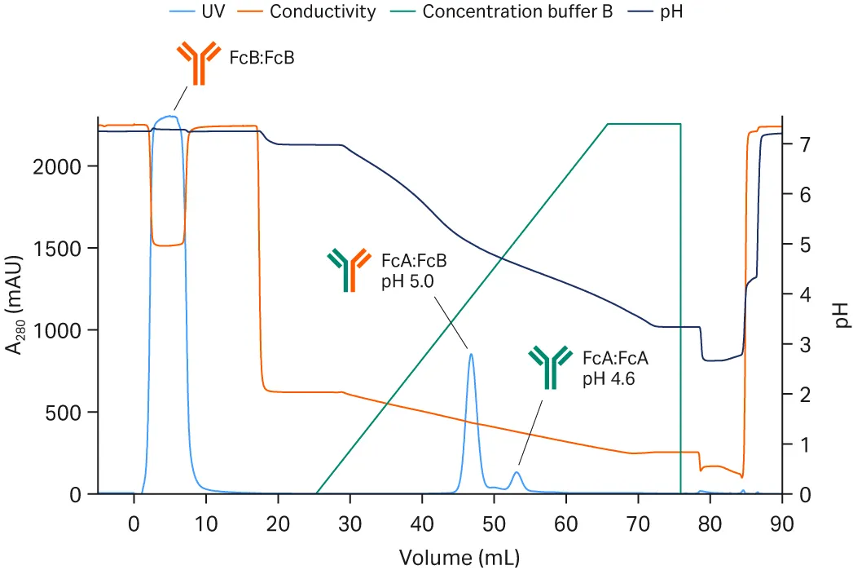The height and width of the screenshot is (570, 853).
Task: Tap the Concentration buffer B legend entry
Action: (x=512, y=11)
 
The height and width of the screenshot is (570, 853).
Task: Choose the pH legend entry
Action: (x=670, y=11)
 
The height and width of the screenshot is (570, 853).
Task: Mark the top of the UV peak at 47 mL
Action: (x=471, y=353)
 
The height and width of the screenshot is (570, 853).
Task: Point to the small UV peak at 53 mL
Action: (x=517, y=472)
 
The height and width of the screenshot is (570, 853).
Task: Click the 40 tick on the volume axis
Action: (x=422, y=522)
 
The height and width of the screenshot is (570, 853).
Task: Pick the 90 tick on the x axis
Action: (x=782, y=522)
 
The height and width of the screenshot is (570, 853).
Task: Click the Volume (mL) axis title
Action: (x=458, y=557)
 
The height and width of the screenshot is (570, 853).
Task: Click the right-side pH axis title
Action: (x=841, y=315)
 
